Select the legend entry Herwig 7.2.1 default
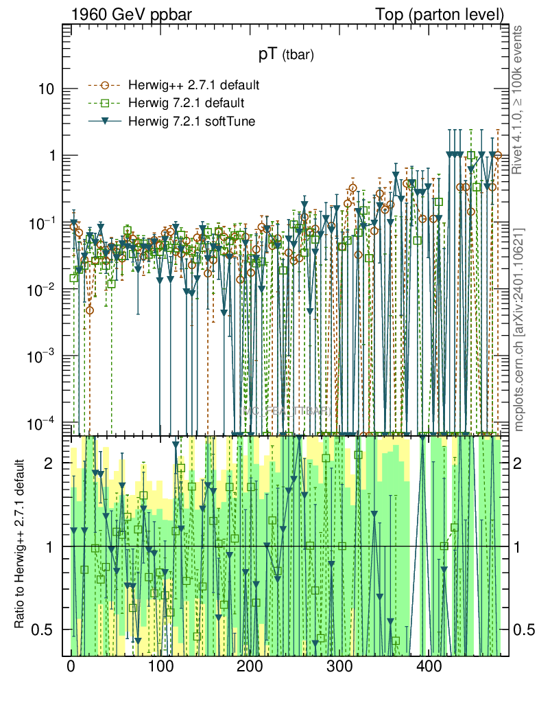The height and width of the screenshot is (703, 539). (187, 104)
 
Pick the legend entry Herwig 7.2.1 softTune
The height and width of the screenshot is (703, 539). (187, 122)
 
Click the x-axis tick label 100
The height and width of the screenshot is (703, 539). (160, 667)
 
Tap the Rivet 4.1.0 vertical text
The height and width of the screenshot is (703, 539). (519, 100)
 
